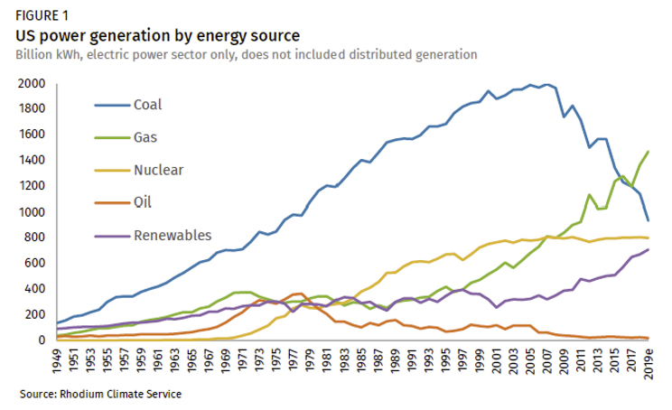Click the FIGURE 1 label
pyautogui.click(x=40, y=16)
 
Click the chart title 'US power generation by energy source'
pyautogui.click(x=156, y=35)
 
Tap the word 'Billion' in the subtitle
pyautogui.click(x=33, y=55)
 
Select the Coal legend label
pyautogui.click(x=147, y=104)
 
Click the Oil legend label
pyautogui.click(x=143, y=202)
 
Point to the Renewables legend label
pyautogui.click(x=172, y=236)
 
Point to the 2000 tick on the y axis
pyautogui.click(x=31, y=84)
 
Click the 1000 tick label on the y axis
pyautogui.click(x=31, y=212)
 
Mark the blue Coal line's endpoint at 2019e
pyautogui.click(x=649, y=220)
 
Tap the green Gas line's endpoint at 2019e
pyautogui.click(x=649, y=152)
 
